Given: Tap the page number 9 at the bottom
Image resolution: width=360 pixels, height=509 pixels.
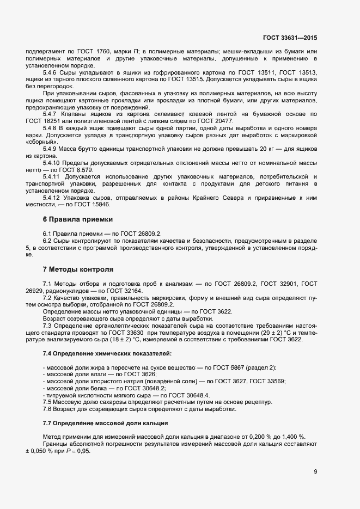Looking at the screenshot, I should point(315,471).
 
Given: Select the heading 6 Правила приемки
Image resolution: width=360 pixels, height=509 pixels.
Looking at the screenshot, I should point(77,219).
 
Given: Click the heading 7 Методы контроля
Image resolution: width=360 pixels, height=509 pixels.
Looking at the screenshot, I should point(78,269).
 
